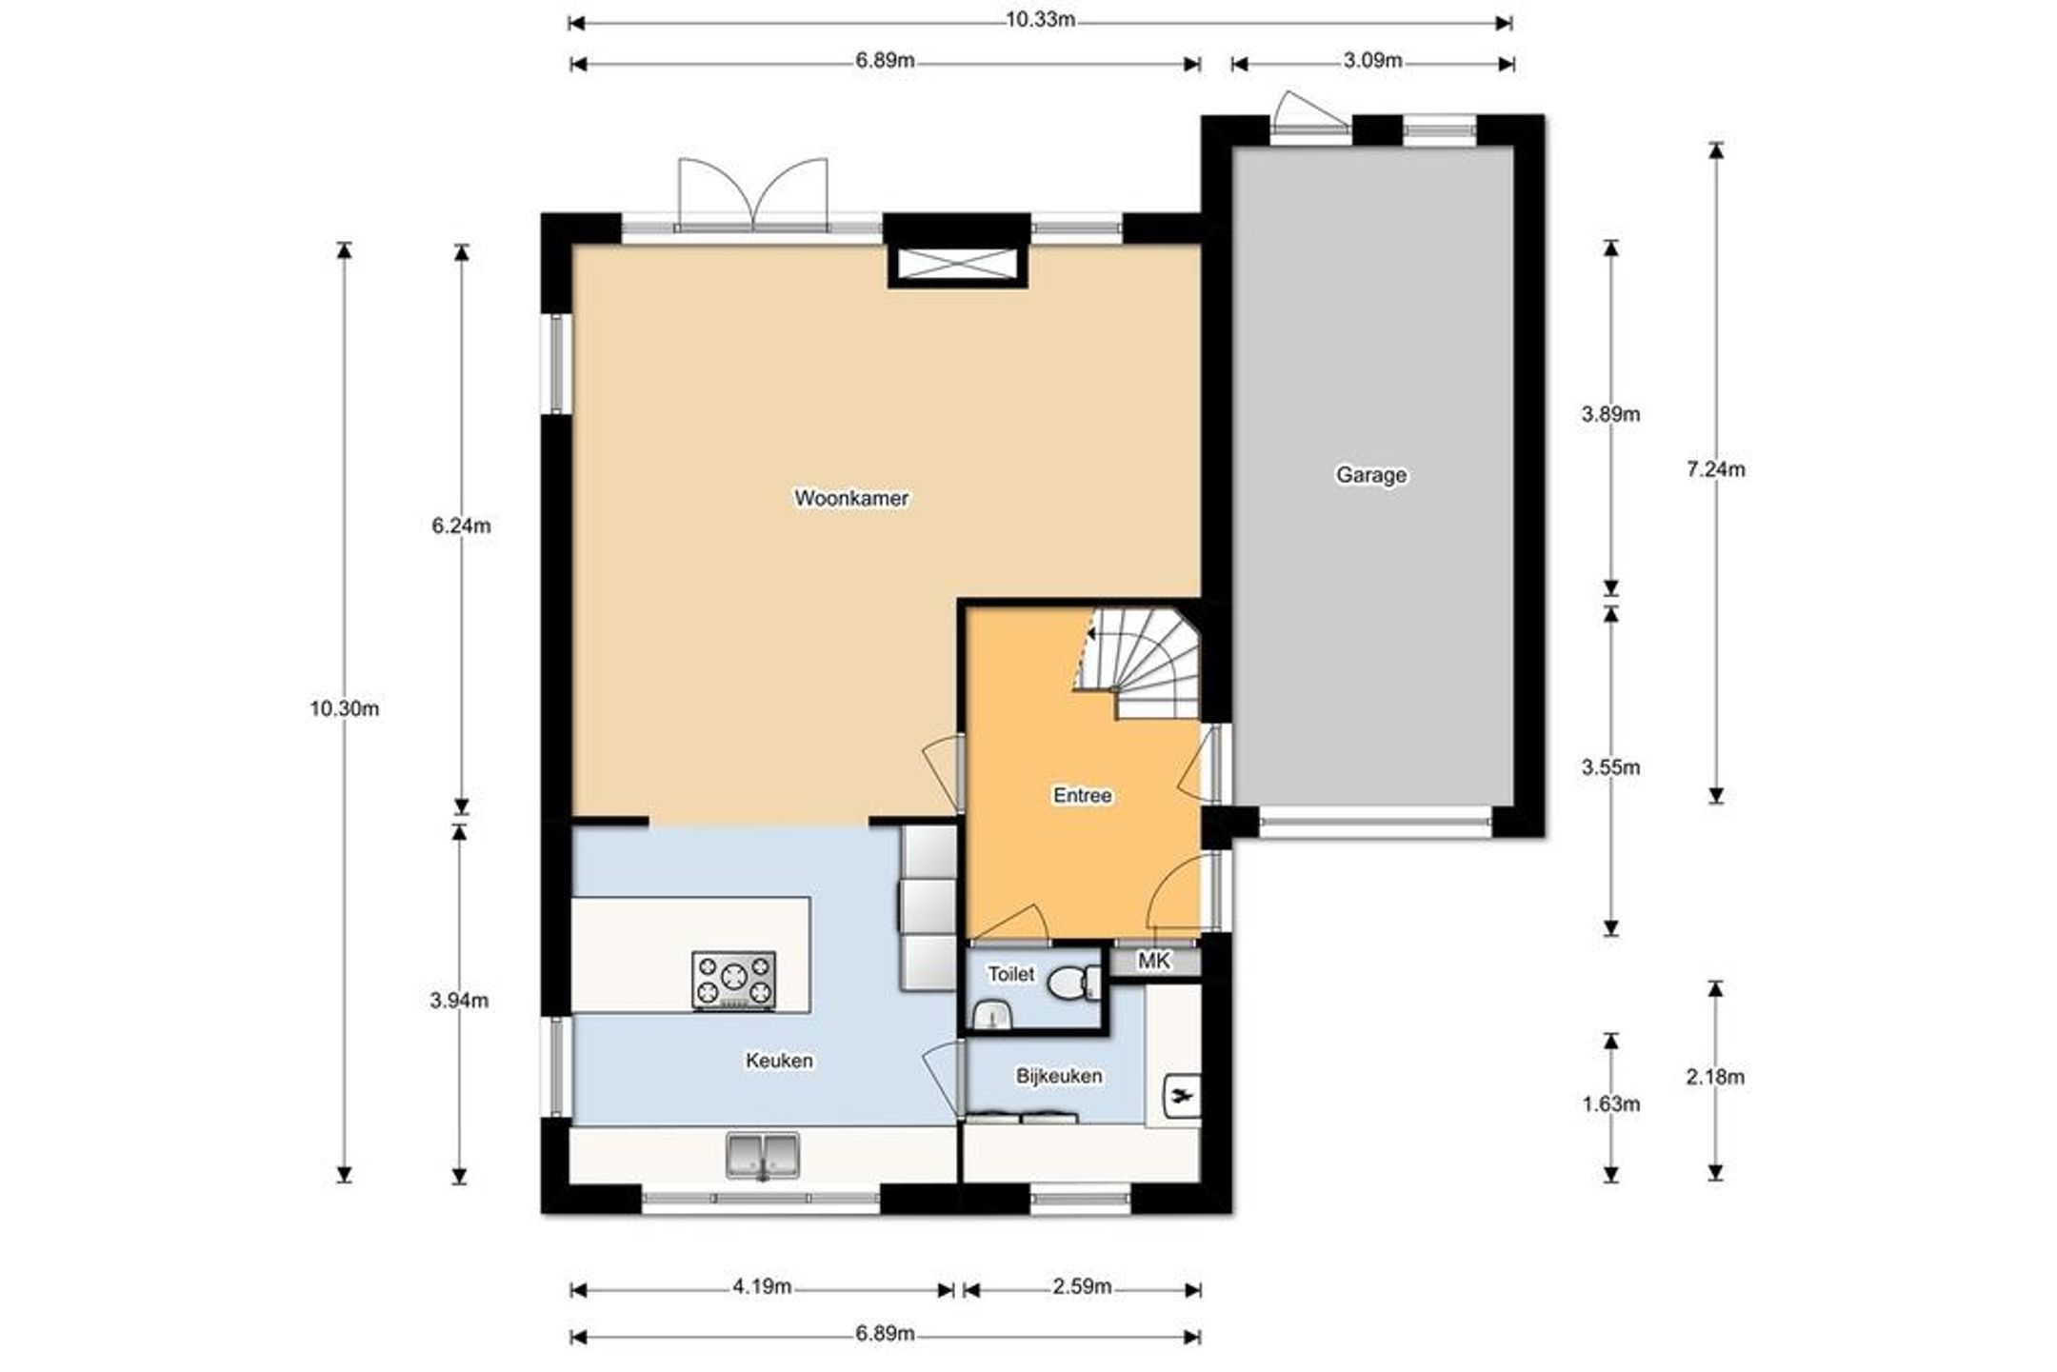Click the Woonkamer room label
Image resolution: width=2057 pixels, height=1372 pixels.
851,498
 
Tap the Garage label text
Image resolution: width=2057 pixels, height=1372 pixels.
1370,474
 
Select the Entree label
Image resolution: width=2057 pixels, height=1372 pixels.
1082,795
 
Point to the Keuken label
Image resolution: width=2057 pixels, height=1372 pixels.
779,1060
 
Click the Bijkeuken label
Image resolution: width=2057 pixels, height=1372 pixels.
1059,1076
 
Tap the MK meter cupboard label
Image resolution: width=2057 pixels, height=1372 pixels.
1153,962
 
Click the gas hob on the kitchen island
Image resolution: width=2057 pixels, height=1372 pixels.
733,981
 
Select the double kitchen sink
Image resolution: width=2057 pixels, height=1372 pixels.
763,1155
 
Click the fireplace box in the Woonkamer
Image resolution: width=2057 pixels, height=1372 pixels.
958,263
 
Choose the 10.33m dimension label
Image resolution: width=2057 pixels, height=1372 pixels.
1041,20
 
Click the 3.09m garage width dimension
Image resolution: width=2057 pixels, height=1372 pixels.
1372,61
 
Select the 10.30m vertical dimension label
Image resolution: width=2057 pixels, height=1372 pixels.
345,708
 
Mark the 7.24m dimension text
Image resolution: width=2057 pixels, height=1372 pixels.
1716,469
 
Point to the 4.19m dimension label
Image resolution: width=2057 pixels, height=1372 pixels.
762,1287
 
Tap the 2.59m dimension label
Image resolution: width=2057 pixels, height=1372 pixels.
1082,1287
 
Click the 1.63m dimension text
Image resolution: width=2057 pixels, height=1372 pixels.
1611,1104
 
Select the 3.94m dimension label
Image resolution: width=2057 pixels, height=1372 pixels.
459,1001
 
